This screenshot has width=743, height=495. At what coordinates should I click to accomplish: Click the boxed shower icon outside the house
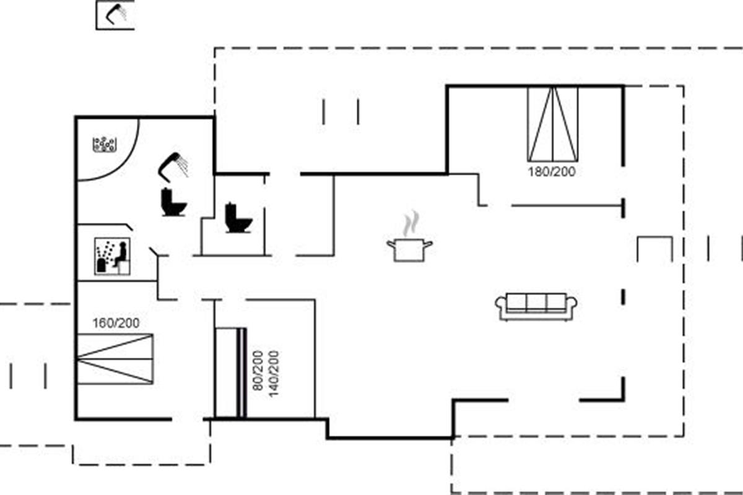pyautogui.click(x=115, y=15)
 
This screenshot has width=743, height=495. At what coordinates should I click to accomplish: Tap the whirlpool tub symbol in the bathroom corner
pyautogui.click(x=105, y=145)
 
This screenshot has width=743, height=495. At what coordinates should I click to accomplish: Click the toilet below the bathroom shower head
pyautogui.click(x=173, y=202)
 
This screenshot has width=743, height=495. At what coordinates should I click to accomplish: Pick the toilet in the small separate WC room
pyautogui.click(x=238, y=218)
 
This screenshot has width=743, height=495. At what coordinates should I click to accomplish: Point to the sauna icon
pyautogui.click(x=112, y=256)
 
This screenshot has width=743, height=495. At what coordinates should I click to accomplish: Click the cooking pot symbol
pyautogui.click(x=409, y=250)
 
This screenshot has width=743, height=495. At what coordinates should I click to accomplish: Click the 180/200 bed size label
pyautogui.click(x=551, y=171)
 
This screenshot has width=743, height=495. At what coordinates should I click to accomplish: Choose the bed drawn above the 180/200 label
pyautogui.click(x=552, y=124)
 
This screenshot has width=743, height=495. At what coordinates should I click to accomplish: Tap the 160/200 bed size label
pyautogui.click(x=116, y=323)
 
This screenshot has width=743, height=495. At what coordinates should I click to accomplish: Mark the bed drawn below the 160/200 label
pyautogui.click(x=115, y=359)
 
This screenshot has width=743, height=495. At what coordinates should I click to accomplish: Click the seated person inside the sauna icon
pyautogui.click(x=121, y=254)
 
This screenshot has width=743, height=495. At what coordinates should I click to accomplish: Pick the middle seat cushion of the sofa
pyautogui.click(x=537, y=303)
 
